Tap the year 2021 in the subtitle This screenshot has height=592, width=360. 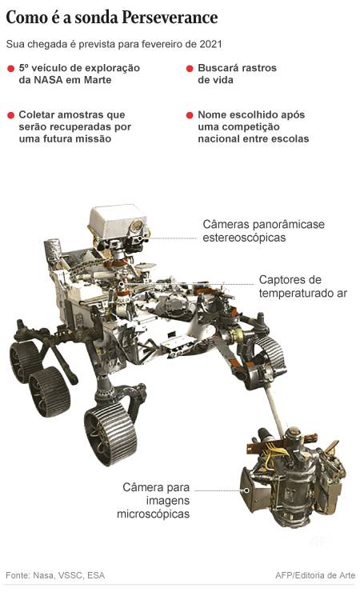click(210, 44)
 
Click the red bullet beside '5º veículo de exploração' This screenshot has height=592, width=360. click(11, 68)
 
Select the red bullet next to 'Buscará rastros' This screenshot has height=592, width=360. click(190, 68)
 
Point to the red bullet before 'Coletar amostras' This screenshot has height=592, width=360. click(11, 114)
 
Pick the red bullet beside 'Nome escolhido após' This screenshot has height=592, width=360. click(190, 114)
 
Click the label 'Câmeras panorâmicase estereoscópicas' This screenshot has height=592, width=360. click(263, 230)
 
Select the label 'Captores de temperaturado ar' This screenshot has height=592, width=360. click(302, 286)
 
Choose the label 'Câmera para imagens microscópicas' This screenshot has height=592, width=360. click(154, 500)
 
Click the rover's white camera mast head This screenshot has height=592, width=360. click(118, 223)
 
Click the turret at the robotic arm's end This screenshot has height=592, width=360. click(294, 478)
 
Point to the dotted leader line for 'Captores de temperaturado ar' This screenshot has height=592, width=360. click(189, 283)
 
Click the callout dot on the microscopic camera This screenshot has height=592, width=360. click(246, 490)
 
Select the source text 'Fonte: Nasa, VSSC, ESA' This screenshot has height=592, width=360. click(55, 575)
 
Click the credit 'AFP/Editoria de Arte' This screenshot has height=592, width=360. click(315, 575)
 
